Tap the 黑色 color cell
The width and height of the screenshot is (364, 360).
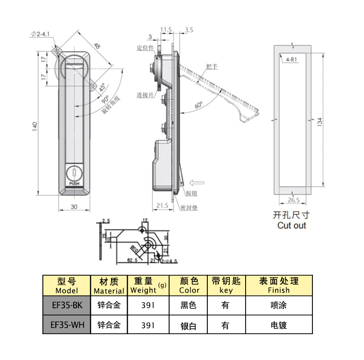coord(189,305)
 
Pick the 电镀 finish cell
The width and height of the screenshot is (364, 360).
coord(279,325)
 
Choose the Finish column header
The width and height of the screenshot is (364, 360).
coord(279,285)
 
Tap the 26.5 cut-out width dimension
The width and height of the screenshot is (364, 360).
coord(293,200)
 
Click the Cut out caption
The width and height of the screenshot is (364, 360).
coord(291,225)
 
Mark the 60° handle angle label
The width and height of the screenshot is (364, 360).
coord(199,105)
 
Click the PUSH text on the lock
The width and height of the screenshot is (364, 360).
coord(74,183)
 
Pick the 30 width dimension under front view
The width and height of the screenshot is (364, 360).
coord(74,207)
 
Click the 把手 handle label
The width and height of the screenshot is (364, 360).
coord(212,67)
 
